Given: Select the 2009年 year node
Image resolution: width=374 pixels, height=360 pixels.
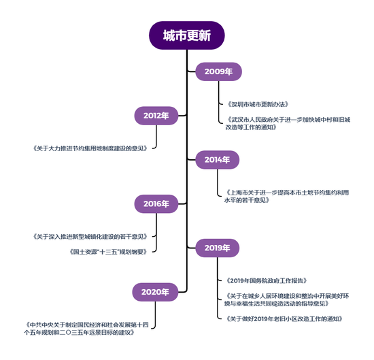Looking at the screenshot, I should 218,71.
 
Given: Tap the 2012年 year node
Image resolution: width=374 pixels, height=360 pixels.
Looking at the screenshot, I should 156,116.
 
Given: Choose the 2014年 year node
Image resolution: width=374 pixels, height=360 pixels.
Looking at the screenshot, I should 218,160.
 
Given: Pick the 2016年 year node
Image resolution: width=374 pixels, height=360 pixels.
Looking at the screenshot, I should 156,203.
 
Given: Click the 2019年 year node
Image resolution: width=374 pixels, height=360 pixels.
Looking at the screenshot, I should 218,248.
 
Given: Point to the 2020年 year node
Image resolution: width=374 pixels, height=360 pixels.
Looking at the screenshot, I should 156,292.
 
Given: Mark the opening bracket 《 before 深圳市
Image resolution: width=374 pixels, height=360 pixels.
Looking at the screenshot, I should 227,104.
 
